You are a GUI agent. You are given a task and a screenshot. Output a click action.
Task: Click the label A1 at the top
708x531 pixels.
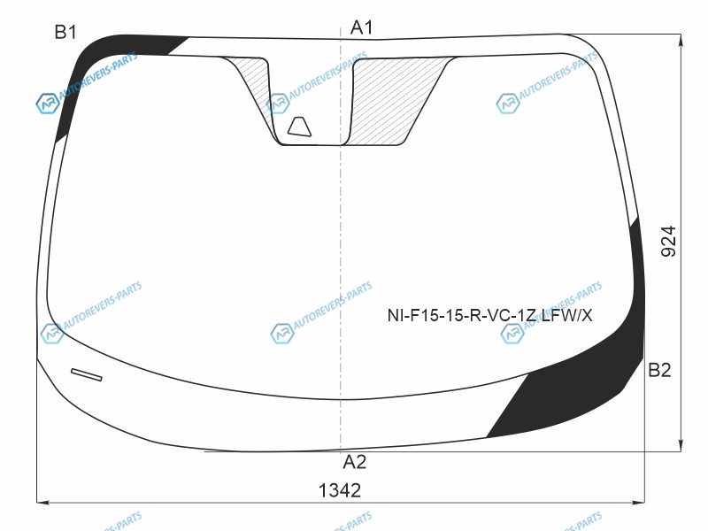coord(361,27)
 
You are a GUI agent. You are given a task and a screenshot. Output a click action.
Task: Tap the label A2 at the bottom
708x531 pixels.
coord(355,462)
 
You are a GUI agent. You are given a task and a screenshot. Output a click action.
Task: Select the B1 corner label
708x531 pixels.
coord(65,32)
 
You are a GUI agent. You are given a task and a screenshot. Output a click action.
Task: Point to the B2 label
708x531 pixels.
coord(659,370)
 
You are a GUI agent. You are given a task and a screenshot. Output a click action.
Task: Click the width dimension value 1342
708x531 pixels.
coord(340,490)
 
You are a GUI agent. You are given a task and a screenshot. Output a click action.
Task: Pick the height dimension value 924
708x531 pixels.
coord(669,242)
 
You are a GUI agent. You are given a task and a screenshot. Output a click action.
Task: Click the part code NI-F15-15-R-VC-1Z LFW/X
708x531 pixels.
coord(489,315)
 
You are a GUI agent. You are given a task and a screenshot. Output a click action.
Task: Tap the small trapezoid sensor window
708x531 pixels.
coord(300,127)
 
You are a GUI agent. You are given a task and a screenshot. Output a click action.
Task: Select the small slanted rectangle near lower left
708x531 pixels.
coord(86,374)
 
